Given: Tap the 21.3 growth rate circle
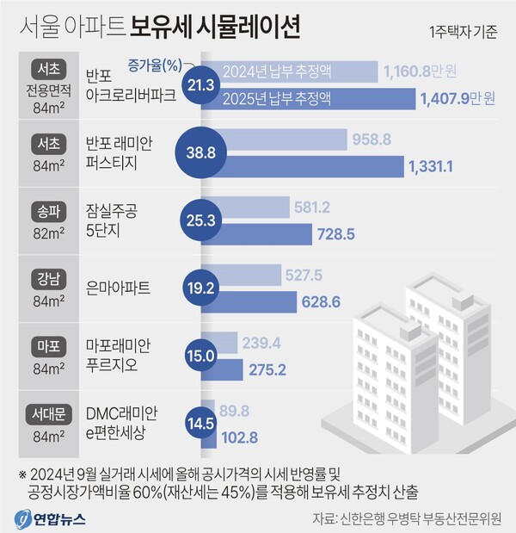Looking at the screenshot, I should pos(200,84).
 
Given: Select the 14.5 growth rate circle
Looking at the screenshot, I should pos(200,423).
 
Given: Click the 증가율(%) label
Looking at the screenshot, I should pos(156,64).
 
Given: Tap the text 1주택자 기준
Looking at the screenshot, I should pos(463,34).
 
